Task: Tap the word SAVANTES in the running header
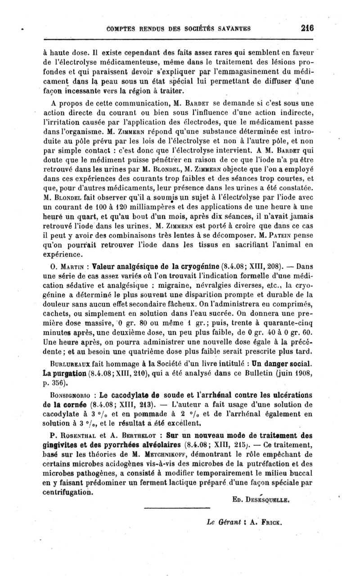click(x=231, y=28)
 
